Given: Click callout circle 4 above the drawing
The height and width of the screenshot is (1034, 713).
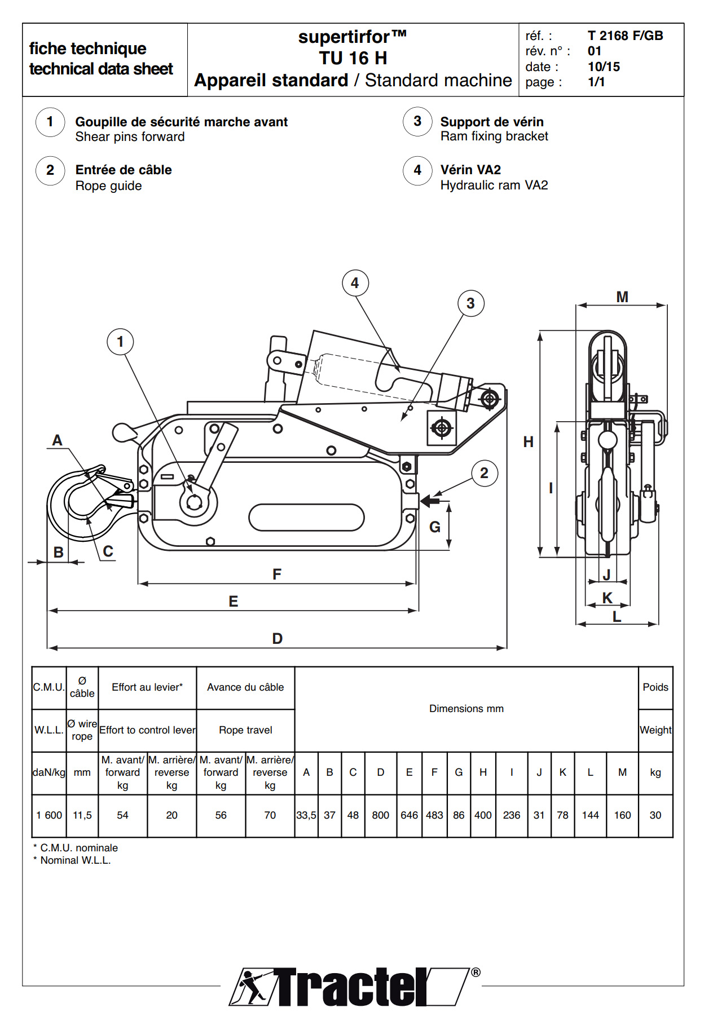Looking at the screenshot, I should coord(355,283).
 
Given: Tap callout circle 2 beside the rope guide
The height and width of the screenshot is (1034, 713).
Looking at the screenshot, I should coord(484,473).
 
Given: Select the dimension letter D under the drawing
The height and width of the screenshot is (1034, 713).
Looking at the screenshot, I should coord(277,638).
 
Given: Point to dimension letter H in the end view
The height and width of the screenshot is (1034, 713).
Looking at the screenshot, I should coord(528,441).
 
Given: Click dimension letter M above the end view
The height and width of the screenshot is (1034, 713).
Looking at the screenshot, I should coord(622,297).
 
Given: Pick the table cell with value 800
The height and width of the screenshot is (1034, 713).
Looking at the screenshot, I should coord(380,815).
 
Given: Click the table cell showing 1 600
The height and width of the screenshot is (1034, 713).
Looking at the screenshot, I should coord(49,815).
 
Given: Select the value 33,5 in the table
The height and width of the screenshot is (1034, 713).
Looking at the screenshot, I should coord(306,815).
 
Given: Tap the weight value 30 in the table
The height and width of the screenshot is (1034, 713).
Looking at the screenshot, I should coord(655,815).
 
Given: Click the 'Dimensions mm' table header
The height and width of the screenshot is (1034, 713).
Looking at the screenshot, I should coord(466,709).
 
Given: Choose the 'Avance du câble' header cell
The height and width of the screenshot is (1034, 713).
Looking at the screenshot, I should coord(245,687).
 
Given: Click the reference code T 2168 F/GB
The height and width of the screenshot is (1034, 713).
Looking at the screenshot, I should coord(625,36).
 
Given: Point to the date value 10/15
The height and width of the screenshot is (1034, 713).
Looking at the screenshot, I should coord(604,67).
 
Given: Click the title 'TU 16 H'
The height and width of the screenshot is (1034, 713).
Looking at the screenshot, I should coord(353,58).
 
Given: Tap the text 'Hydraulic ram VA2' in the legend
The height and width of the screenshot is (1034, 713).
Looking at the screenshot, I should coord(494,185).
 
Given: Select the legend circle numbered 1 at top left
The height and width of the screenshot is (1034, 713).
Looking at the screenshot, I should coord(50,122).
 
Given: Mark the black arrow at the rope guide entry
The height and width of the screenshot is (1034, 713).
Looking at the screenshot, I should coord(430,500).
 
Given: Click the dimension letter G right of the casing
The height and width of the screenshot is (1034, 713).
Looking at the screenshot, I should coord(435,527).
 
